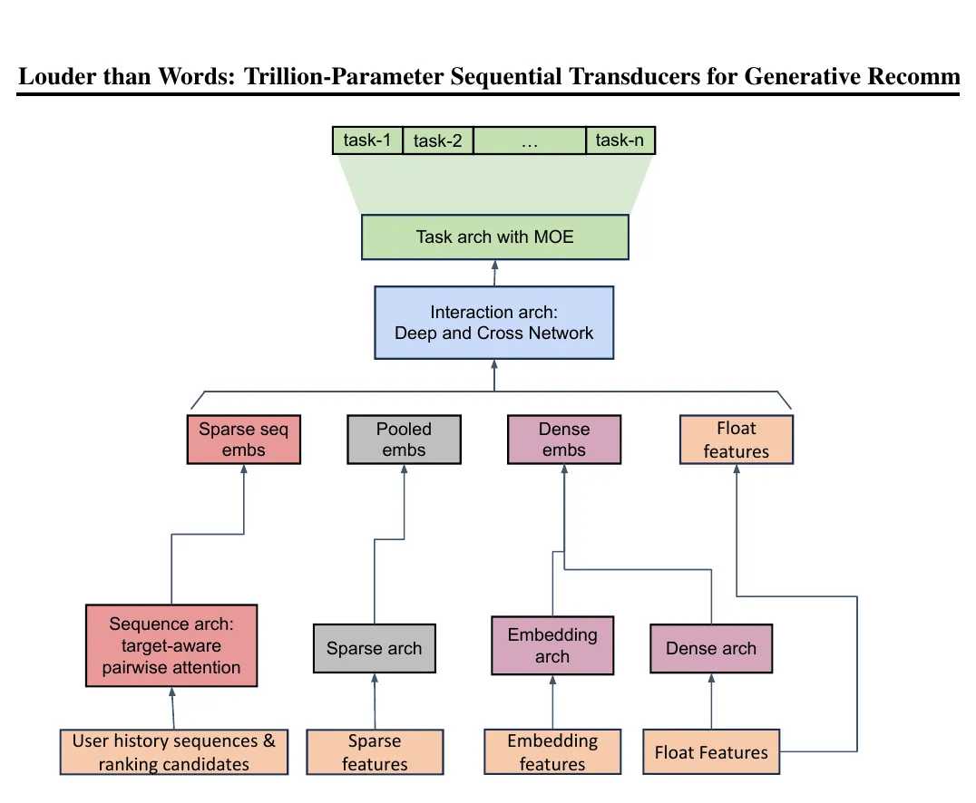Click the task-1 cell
coord(367,140)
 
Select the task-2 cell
coord(437,140)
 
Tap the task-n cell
coord(620,140)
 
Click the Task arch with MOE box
coord(495,237)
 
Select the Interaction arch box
coord(493,323)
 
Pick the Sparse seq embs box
coord(243,440)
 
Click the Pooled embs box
coord(404,440)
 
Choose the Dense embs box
coord(564,440)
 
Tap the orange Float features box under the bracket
coord(737,440)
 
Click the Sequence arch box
coord(171,645)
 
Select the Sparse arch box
coord(374,649)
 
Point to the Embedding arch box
coord(552,645)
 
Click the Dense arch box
coord(711,649)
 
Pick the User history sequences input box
coord(173,752)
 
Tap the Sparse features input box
coord(375,752)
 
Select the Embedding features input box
coord(552,752)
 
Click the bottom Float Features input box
coord(711,752)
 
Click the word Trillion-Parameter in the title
coord(344,76)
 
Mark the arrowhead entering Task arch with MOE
coord(495,265)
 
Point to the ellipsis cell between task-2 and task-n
coord(530,140)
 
